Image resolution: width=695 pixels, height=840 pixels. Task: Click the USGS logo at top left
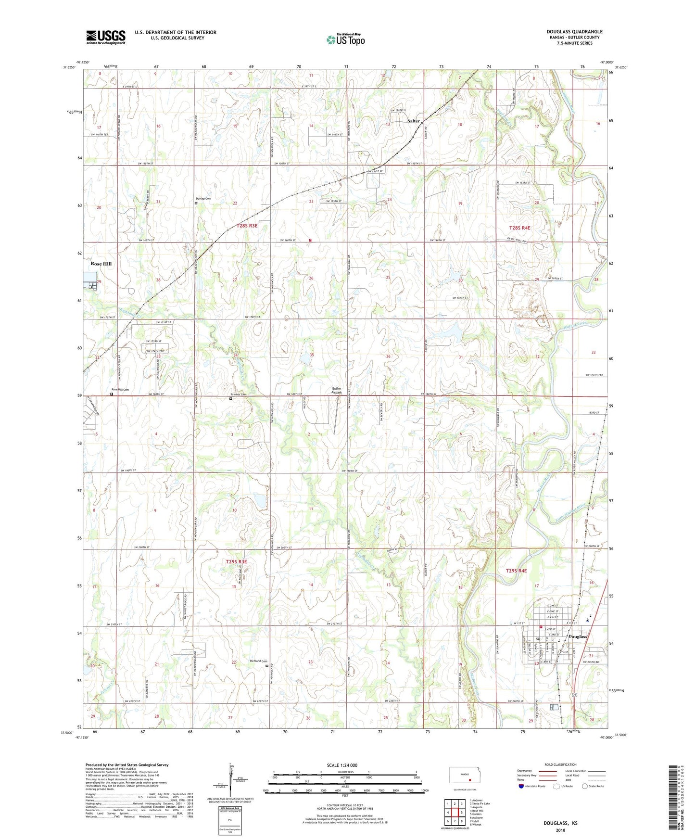tap(106, 37)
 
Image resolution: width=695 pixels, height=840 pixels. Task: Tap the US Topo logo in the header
tap(345, 39)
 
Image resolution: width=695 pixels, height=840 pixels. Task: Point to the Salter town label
tap(414, 121)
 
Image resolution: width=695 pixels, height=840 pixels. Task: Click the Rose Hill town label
tap(101, 264)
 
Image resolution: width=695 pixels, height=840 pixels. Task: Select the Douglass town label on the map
tap(578, 636)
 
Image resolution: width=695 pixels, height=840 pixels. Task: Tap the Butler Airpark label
tap(337, 390)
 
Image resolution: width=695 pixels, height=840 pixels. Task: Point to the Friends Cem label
tap(238, 395)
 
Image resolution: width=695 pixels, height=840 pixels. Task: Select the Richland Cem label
tap(258, 661)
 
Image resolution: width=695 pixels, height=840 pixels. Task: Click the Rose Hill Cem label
tap(120, 390)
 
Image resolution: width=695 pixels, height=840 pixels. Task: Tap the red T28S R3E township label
tap(247, 226)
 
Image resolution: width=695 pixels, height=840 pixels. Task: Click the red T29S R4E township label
tap(516, 571)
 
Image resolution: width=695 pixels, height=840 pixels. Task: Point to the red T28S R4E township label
tap(519, 228)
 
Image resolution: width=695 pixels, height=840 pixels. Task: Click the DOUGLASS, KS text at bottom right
tap(560, 823)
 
